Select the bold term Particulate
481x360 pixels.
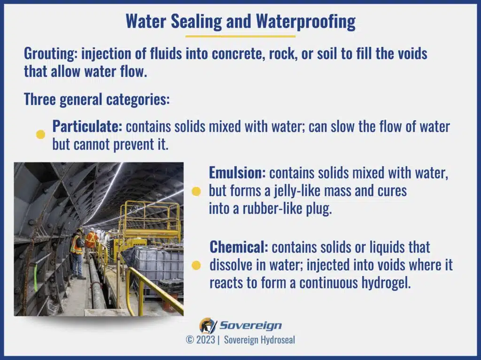click(87, 126)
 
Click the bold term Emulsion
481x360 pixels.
click(237, 173)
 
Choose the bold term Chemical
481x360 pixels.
click(238, 246)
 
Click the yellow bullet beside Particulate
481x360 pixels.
click(41, 135)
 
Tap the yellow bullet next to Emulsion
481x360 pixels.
click(196, 191)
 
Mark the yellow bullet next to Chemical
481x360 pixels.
click(196, 265)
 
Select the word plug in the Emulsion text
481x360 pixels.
click(320, 209)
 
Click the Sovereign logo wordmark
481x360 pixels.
click(251, 325)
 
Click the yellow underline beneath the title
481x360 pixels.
click(240, 36)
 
